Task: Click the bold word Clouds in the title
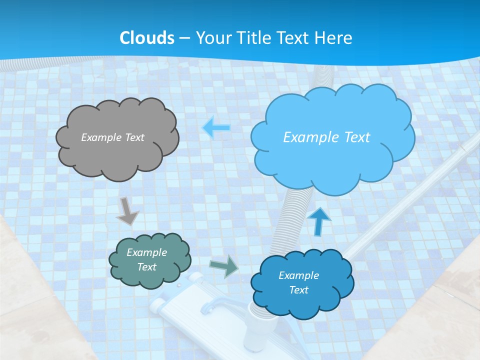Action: pyautogui.click(x=147, y=38)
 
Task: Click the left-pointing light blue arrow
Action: pyautogui.click(x=216, y=128)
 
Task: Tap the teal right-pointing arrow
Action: pyautogui.click(x=224, y=266)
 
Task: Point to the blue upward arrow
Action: pyautogui.click(x=319, y=221)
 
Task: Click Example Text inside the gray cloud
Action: pyautogui.click(x=112, y=137)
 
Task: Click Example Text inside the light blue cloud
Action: pyautogui.click(x=326, y=137)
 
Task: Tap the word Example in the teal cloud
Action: pyautogui.click(x=146, y=252)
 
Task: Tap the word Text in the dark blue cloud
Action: pyautogui.click(x=298, y=290)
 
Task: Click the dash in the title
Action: pyautogui.click(x=184, y=38)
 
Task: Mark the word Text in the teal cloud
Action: pyautogui.click(x=146, y=267)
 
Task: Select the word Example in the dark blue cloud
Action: pyautogui.click(x=298, y=275)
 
